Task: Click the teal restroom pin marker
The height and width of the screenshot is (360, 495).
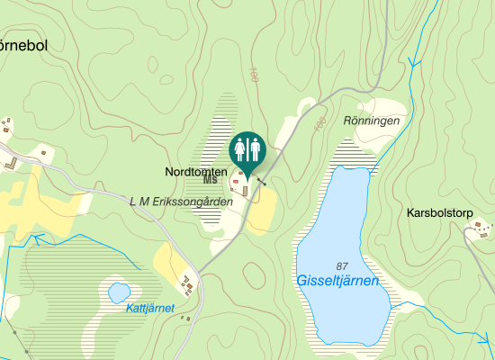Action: pyautogui.click(x=247, y=149)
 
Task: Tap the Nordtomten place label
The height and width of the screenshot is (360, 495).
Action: pyautogui.click(x=196, y=171)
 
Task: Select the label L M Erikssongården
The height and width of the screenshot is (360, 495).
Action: pyautogui.click(x=181, y=202)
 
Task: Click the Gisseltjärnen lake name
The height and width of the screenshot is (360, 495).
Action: pyautogui.click(x=337, y=281)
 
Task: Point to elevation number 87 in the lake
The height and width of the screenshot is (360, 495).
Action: pyautogui.click(x=341, y=265)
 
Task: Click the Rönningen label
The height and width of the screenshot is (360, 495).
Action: pyautogui.click(x=371, y=120)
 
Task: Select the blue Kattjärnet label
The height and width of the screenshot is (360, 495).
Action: pyautogui.click(x=150, y=308)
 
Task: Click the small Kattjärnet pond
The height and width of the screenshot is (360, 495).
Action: pyautogui.click(x=119, y=292)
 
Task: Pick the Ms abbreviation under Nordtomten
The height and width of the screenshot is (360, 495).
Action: pyautogui.click(x=211, y=180)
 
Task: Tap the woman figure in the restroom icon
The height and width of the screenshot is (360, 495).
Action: pyautogui.click(x=240, y=148)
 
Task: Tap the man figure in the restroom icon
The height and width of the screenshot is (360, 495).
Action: pyautogui.click(x=255, y=148)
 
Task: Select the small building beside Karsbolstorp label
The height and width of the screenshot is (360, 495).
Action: pyautogui.click(x=479, y=224)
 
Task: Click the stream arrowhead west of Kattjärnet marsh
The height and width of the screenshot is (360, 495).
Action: pyautogui.click(x=36, y=239)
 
